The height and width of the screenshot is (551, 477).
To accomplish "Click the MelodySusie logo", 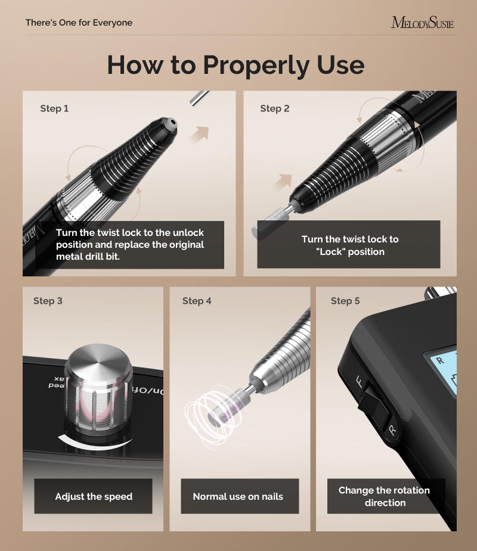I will tap(422, 23).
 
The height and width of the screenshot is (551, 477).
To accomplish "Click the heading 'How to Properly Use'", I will tap(236, 64).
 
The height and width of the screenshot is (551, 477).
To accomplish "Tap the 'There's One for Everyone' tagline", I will tap(79, 23).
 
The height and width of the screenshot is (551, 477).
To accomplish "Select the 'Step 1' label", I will tap(54, 108).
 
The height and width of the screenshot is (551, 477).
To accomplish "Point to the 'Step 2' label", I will tap(275, 108).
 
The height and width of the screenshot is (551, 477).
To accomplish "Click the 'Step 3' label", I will tap(48, 301).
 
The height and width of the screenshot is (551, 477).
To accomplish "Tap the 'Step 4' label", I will tap(197, 301).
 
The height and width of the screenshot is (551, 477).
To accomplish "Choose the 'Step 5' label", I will tap(345, 301).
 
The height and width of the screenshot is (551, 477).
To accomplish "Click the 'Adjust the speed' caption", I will tap(94, 496).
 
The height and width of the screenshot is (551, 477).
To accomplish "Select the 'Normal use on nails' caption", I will tap(238, 496).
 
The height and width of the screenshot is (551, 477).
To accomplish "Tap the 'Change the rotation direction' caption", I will tap(384, 496).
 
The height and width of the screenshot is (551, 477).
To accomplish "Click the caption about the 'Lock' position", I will tap(350, 245).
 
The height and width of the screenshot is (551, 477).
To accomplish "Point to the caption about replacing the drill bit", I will tap(130, 245).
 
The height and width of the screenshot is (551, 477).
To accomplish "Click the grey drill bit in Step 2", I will tap(269, 223).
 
